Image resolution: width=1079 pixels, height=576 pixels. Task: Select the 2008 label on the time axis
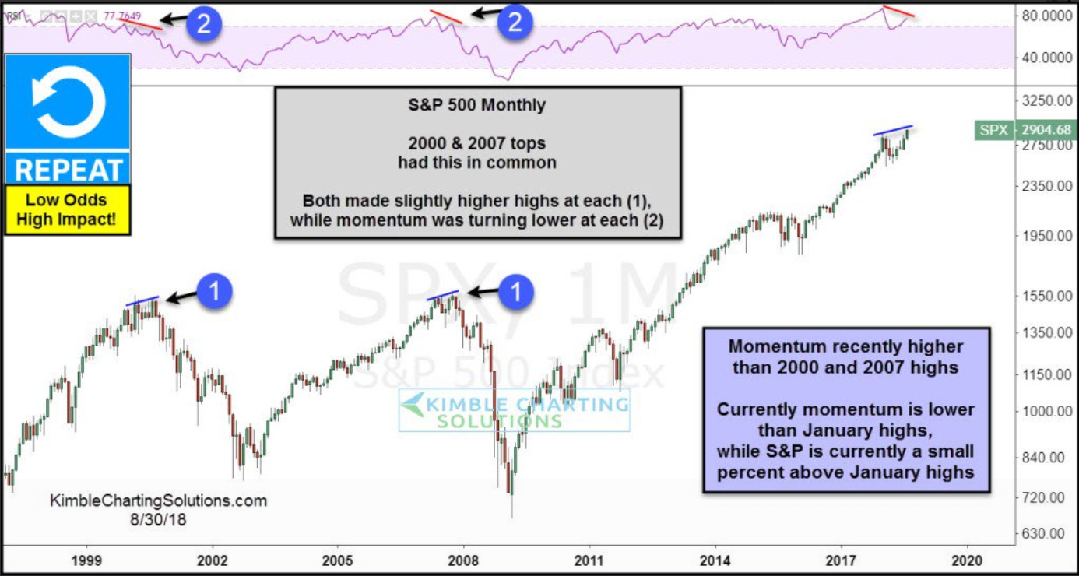(464, 559)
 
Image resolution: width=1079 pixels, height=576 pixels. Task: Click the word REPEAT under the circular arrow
(67, 168)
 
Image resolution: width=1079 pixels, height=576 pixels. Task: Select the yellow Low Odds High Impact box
(67, 209)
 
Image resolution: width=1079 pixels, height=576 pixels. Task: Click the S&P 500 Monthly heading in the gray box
(477, 105)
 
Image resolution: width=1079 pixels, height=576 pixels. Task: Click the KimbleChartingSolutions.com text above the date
(159, 500)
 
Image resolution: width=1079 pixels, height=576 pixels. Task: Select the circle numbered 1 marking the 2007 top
(518, 292)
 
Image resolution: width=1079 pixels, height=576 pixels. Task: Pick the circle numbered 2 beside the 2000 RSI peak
(203, 24)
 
